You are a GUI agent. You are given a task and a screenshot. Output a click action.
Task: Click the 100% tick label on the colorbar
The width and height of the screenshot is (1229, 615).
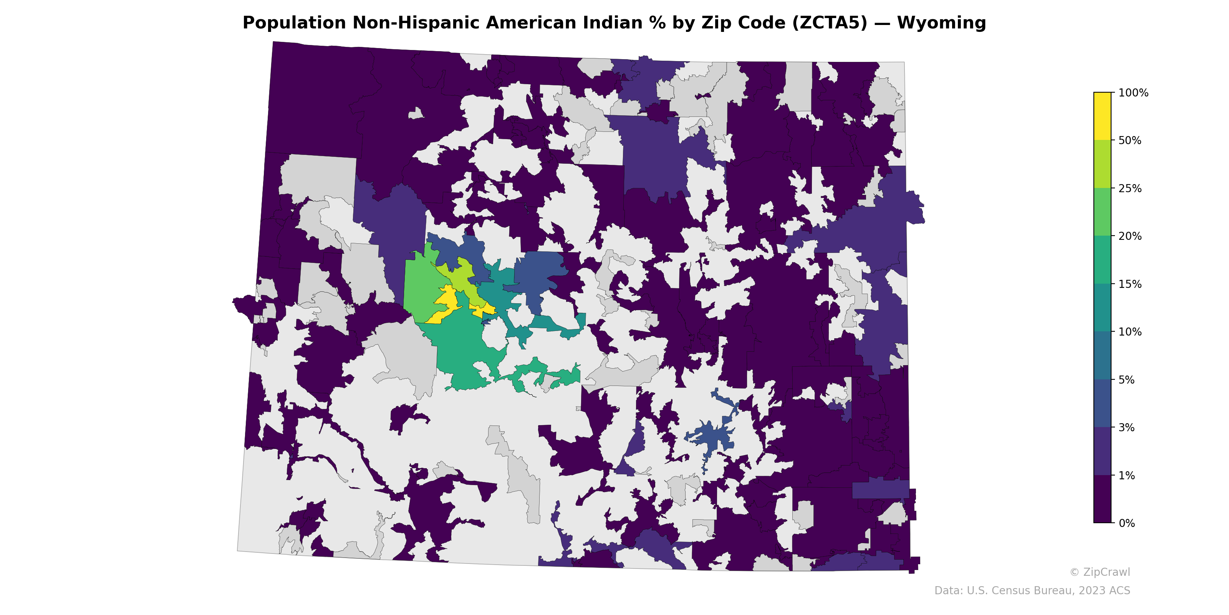click(x=1133, y=93)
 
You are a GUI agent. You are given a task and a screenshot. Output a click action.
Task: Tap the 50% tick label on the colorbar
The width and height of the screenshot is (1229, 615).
click(x=1130, y=141)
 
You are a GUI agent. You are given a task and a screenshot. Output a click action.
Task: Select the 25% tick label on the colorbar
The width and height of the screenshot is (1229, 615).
click(x=1130, y=189)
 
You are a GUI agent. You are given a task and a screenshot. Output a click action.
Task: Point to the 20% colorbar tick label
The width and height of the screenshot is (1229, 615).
click(x=1130, y=236)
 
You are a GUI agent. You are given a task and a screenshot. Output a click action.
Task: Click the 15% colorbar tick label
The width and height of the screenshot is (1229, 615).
click(x=1130, y=284)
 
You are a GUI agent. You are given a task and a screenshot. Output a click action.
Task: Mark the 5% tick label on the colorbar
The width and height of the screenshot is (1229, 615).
click(x=1127, y=380)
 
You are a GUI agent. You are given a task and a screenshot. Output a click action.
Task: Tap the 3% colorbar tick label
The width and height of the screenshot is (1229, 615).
click(x=1127, y=428)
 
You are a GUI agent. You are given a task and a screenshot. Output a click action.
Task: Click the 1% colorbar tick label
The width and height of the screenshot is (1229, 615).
click(x=1127, y=475)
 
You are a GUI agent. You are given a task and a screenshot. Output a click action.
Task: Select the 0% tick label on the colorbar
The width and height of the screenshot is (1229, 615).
click(x=1127, y=523)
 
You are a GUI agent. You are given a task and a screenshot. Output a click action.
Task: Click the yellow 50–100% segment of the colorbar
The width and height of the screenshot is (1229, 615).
click(x=1102, y=116)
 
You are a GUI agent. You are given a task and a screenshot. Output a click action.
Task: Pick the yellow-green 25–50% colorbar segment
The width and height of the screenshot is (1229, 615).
click(x=1102, y=164)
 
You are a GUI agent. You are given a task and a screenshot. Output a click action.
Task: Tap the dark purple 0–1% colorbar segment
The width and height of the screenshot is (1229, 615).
click(x=1102, y=499)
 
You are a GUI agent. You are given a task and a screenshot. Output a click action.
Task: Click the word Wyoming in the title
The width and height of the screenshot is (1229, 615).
click(x=941, y=23)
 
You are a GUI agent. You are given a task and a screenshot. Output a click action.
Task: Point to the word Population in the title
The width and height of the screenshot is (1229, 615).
click(x=294, y=23)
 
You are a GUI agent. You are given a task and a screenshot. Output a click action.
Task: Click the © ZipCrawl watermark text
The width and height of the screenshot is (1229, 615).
click(x=1100, y=572)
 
